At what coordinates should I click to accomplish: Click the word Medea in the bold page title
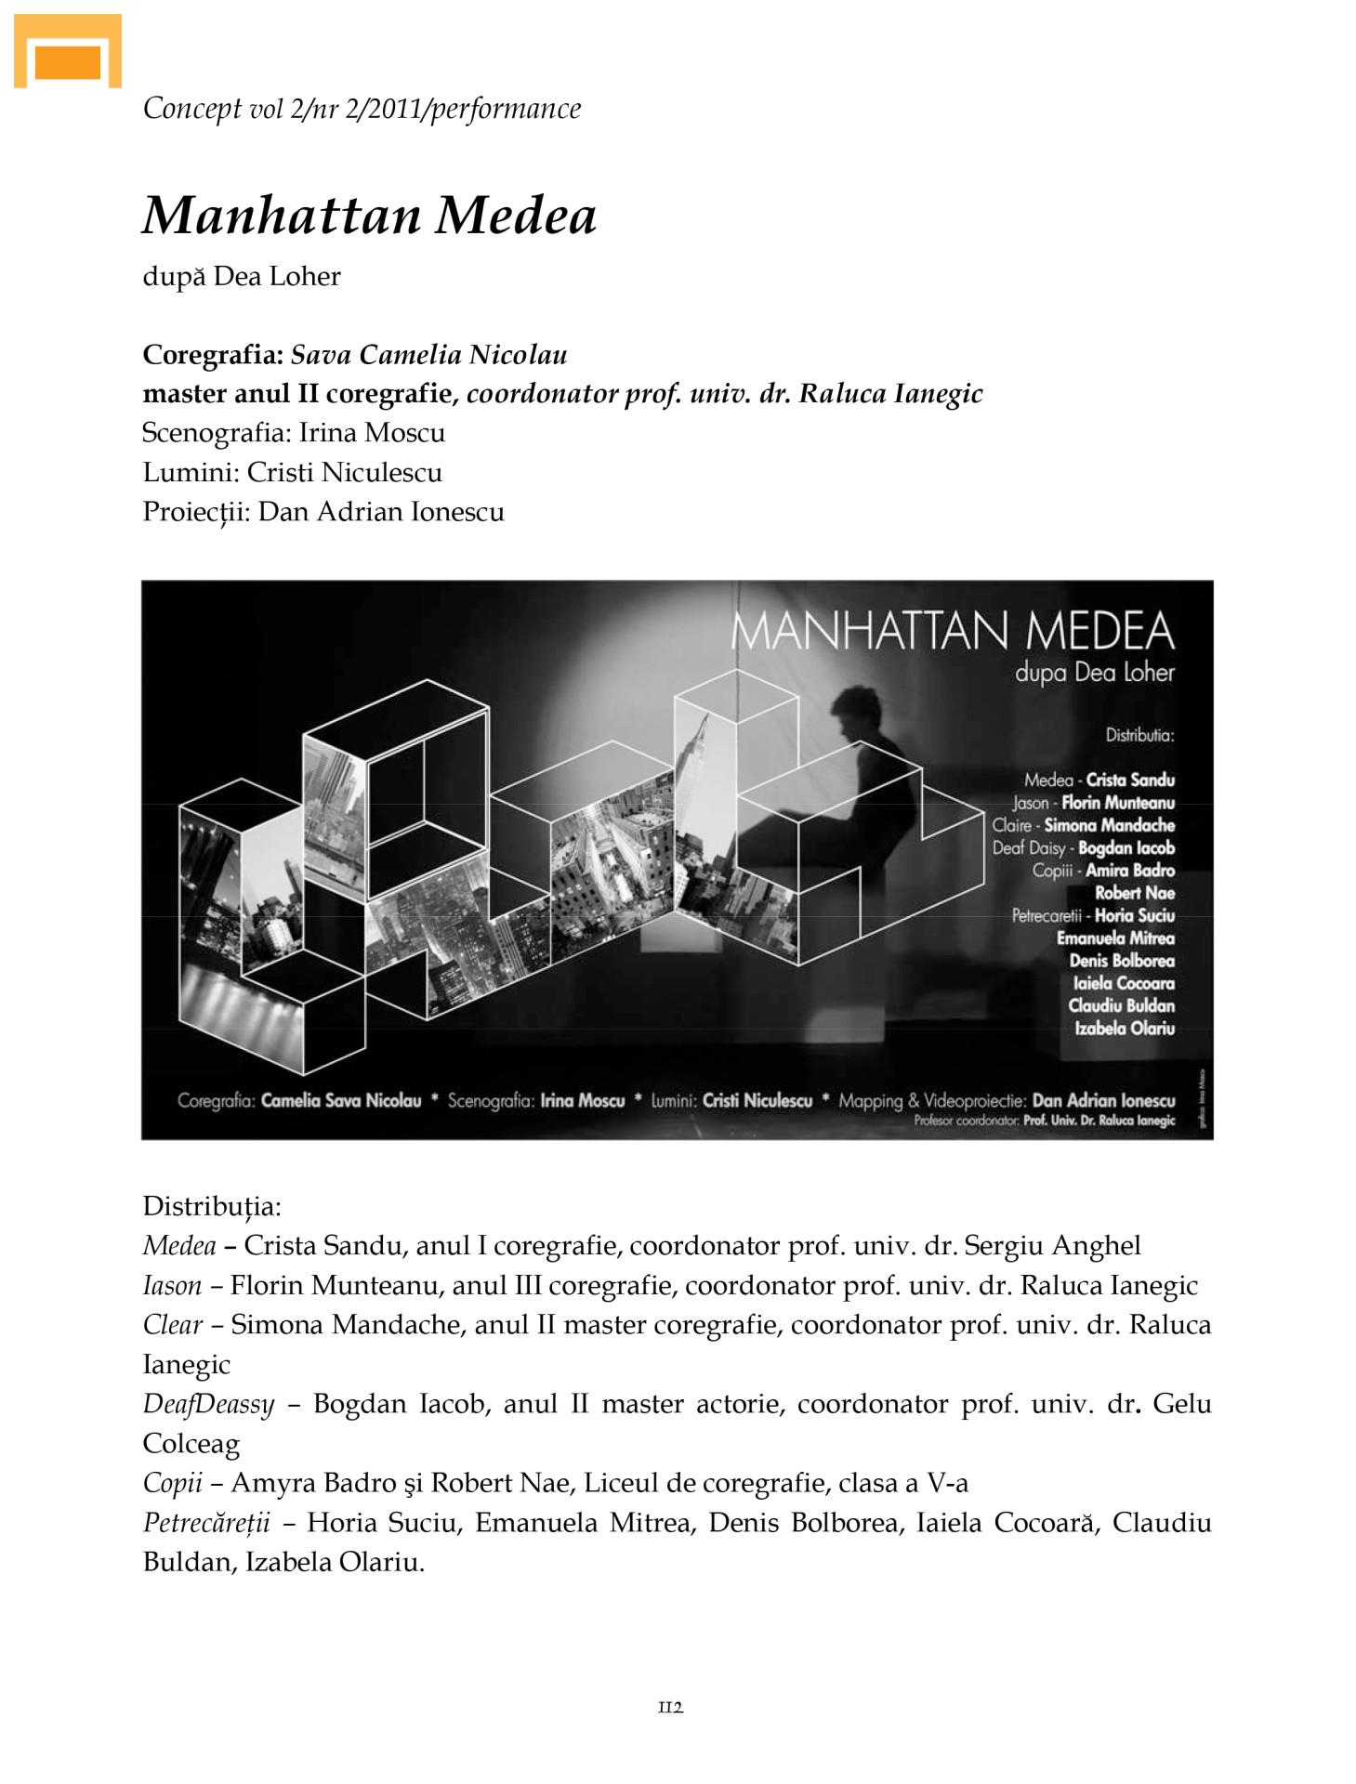click(x=516, y=216)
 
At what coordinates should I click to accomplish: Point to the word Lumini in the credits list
click(x=189, y=473)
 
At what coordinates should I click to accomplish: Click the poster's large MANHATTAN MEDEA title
click(x=953, y=631)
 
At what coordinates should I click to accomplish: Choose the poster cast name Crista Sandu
click(x=1130, y=780)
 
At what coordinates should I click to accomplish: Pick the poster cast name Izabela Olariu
click(x=1125, y=1029)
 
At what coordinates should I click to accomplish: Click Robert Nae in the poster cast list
click(x=1134, y=893)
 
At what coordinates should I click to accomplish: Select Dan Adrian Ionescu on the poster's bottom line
click(x=1103, y=1101)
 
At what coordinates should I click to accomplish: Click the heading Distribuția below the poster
click(x=211, y=1207)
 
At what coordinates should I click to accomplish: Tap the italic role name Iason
click(x=172, y=1286)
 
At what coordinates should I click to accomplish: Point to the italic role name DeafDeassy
click(x=208, y=1404)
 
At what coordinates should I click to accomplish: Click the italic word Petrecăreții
click(x=206, y=1523)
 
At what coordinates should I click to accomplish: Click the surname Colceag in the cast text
click(x=191, y=1444)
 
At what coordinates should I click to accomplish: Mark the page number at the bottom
click(x=670, y=1707)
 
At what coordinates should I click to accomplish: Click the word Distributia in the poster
click(x=1139, y=736)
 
